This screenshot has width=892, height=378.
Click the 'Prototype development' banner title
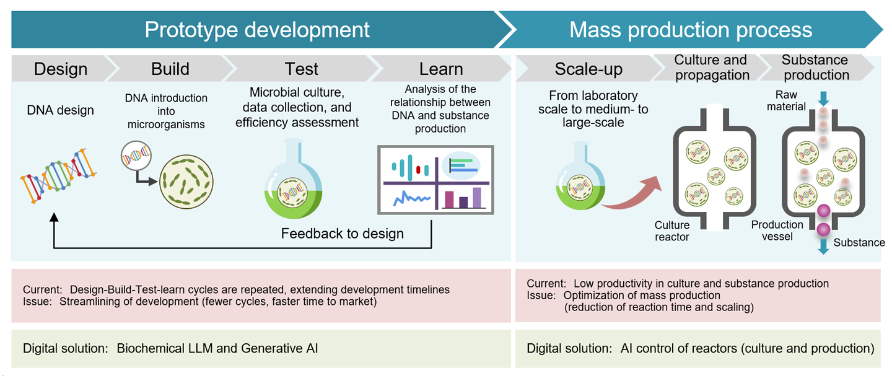pyautogui.click(x=257, y=29)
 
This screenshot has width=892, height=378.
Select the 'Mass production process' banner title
pyautogui.click(x=690, y=29)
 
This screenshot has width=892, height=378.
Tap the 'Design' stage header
pyautogui.click(x=60, y=68)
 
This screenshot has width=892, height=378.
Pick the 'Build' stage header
pyautogui.click(x=170, y=68)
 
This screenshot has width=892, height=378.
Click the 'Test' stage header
pyautogui.click(x=301, y=68)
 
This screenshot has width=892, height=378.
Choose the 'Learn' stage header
pyautogui.click(x=440, y=68)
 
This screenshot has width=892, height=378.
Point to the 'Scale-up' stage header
pyautogui.click(x=588, y=68)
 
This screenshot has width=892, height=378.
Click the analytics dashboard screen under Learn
pyautogui.click(x=435, y=180)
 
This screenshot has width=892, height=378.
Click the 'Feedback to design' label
pyautogui.click(x=342, y=234)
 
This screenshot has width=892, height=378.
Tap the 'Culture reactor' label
pyautogui.click(x=671, y=231)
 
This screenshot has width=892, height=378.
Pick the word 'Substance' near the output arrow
pyautogui.click(x=859, y=242)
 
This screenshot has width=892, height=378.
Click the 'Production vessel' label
pyautogui.click(x=777, y=230)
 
